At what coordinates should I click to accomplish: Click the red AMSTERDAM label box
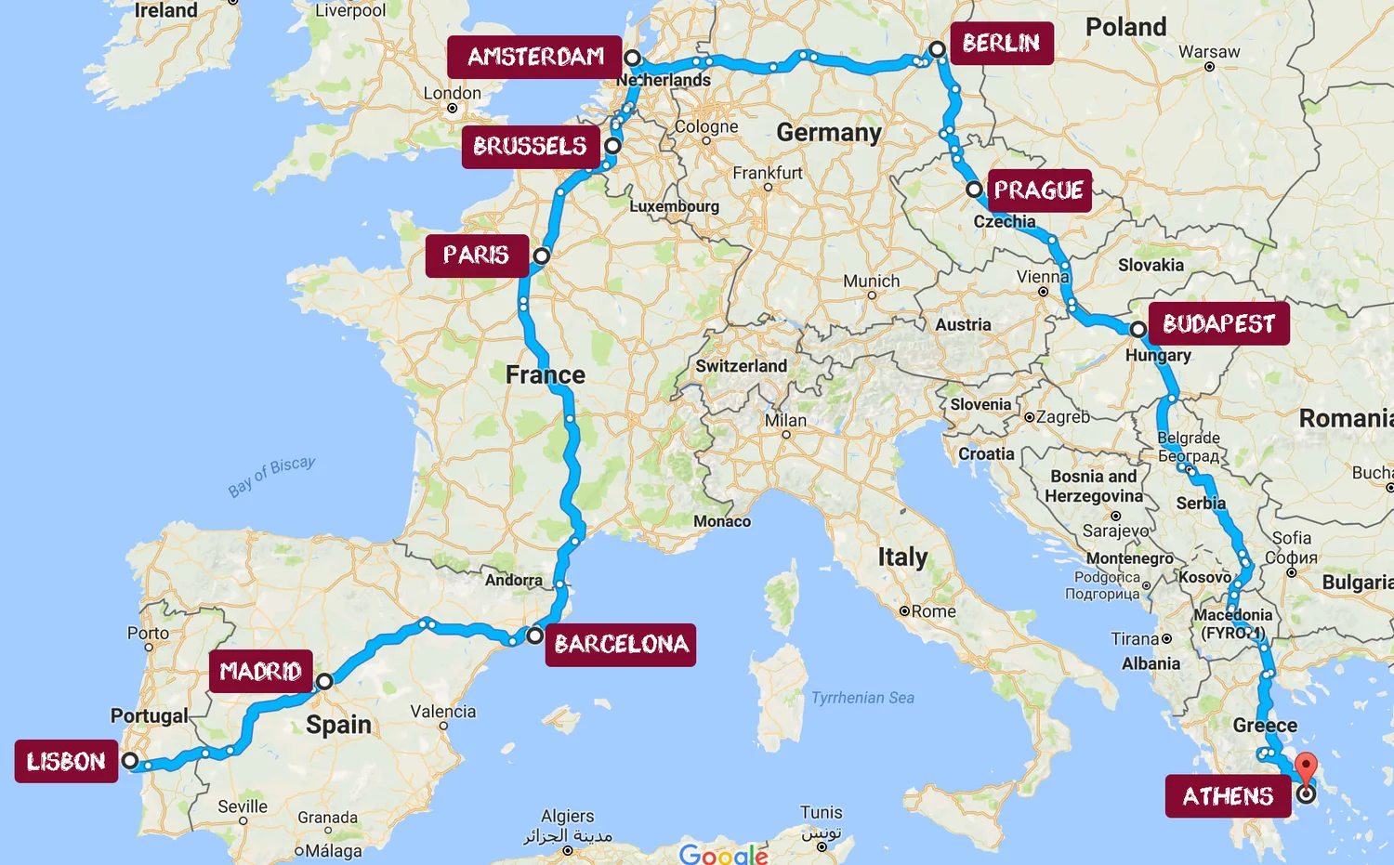pos(534,58)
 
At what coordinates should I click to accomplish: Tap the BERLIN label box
pos(1001,44)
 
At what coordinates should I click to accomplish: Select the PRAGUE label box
pos(1039,190)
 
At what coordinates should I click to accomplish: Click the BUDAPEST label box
pos(1218,323)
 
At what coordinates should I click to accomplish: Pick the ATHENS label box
pos(1228,796)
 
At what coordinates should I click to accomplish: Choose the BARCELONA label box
pos(621,644)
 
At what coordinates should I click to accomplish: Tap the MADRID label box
pos(260,671)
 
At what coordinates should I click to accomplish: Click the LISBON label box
pos(66,762)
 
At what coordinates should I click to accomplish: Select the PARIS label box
pos(476,256)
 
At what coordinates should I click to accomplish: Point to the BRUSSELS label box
pos(530,147)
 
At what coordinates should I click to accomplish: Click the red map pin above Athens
pos(1306,767)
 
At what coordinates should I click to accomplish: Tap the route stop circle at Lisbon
pos(131,761)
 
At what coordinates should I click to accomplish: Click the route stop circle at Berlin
pos(937,49)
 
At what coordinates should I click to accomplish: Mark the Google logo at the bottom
pos(723,854)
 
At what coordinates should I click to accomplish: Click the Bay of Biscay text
pos(272,477)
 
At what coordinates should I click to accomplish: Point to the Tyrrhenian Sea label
pos(862,698)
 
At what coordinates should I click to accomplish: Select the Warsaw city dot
pos(1209,67)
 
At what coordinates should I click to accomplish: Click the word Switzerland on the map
pos(741,366)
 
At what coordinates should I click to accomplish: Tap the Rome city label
pos(933,611)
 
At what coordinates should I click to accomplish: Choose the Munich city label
pos(871,282)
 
